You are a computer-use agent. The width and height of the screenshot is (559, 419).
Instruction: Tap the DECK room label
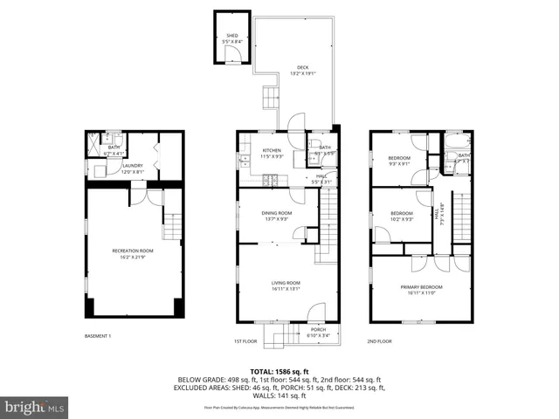pyautogui.click(x=302, y=68)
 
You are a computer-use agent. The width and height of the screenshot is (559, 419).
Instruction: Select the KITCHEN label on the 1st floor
pyautogui.click(x=272, y=150)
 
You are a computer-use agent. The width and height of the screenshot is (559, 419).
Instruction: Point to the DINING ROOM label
pyautogui.click(x=277, y=213)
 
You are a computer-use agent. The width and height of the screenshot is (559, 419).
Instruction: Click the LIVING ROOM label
pyautogui.click(x=285, y=283)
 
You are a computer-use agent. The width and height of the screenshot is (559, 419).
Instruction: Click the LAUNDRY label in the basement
pyautogui.click(x=132, y=165)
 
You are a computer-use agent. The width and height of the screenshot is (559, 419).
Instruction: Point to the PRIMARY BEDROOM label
pyautogui.click(x=421, y=288)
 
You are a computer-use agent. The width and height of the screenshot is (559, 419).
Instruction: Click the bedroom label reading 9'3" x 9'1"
pyautogui.click(x=399, y=158)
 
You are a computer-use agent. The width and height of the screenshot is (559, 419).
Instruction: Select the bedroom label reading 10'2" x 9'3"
pyautogui.click(x=402, y=214)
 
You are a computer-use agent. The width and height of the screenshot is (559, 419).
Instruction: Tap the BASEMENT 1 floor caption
pyautogui.click(x=98, y=336)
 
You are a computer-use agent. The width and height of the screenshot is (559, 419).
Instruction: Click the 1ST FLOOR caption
pyautogui.click(x=246, y=340)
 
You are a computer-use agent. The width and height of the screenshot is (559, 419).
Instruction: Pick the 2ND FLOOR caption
pyautogui.click(x=379, y=340)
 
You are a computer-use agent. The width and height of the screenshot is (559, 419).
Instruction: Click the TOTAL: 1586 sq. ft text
pyautogui.click(x=279, y=371)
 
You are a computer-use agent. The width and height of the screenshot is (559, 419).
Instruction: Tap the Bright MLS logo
pyautogui.click(x=35, y=407)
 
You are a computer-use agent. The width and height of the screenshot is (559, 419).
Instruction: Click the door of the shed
pyautogui.click(x=231, y=56)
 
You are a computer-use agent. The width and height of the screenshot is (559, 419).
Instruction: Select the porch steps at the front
pyautogui.click(x=281, y=337)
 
